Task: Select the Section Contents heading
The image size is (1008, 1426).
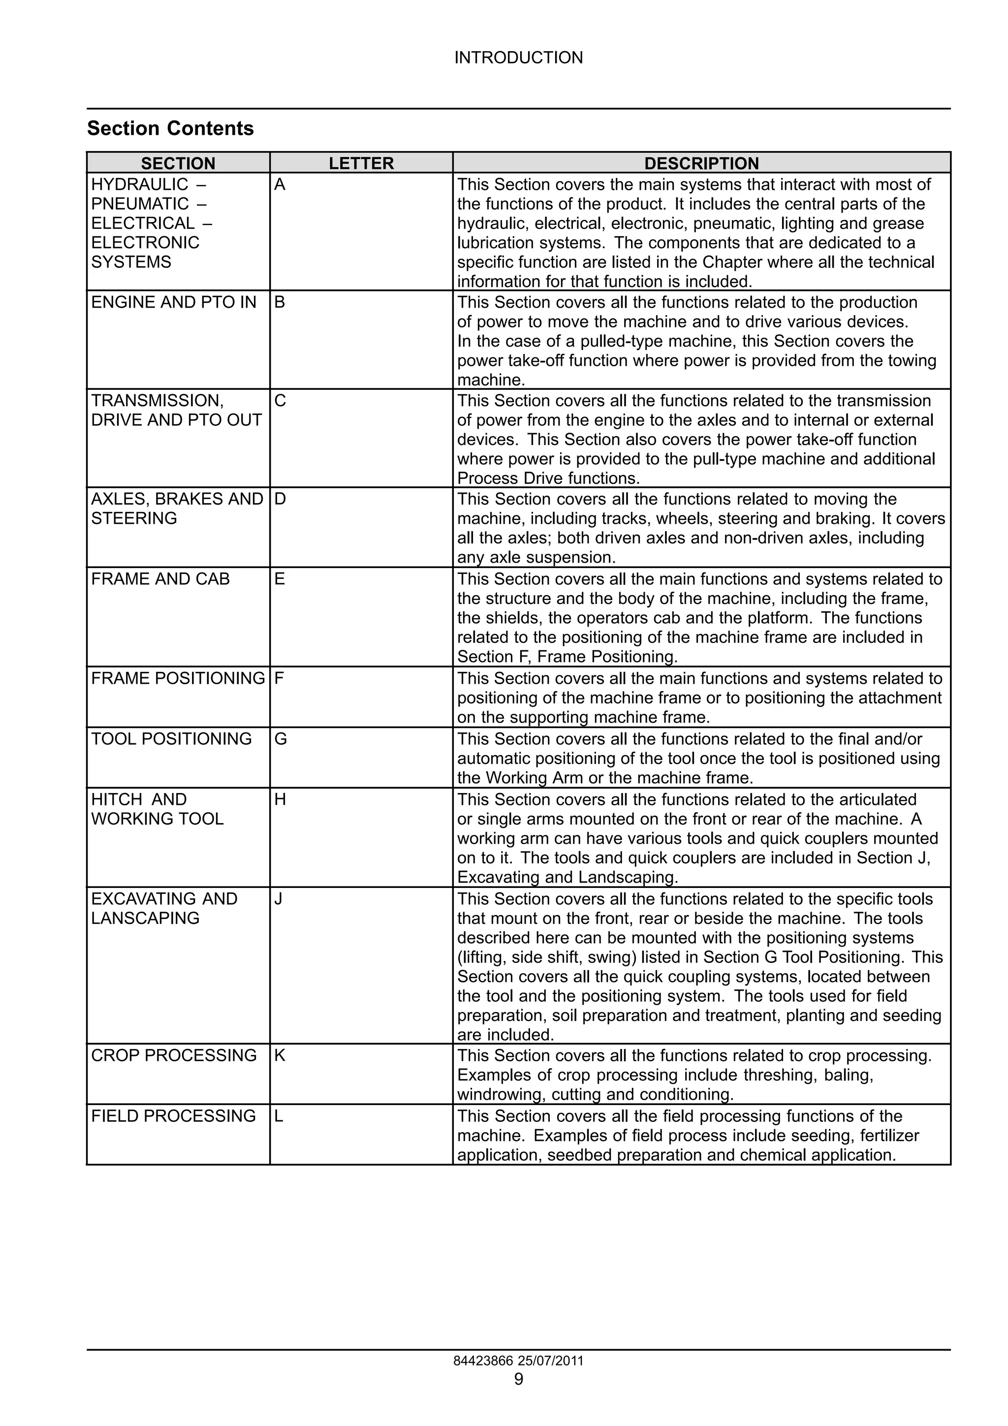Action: (170, 128)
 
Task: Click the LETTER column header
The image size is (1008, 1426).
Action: (361, 163)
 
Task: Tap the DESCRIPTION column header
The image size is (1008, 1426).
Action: (701, 163)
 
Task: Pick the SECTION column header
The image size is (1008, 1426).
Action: (178, 163)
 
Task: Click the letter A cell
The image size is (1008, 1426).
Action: (280, 185)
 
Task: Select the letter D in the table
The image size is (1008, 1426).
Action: (280, 499)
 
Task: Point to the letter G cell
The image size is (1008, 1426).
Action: (280, 739)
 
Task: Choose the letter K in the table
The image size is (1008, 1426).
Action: (280, 1056)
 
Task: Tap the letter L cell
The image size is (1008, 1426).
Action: (279, 1116)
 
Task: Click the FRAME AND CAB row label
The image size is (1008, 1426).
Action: (160, 579)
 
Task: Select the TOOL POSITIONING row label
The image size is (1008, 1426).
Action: (171, 739)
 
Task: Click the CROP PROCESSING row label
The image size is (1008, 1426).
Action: (173, 1056)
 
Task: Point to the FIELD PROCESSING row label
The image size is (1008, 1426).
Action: (173, 1116)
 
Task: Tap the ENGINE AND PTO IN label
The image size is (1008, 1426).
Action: (173, 302)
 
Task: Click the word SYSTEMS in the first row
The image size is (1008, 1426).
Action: (131, 262)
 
